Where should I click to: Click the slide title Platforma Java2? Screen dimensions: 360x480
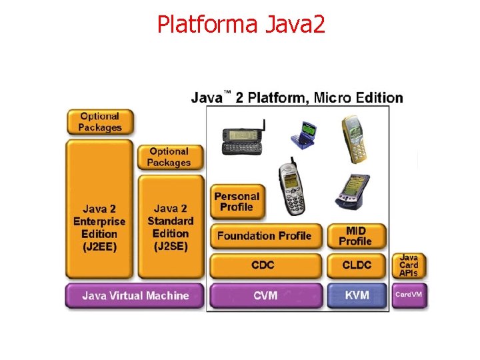coord(241,24)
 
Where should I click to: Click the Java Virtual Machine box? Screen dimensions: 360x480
coord(135,295)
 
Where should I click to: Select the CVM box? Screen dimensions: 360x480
coord(265,295)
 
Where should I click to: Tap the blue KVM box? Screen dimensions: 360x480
coord(357,295)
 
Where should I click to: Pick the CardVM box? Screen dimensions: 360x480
coord(409,295)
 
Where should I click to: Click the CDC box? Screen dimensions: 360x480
coord(265,265)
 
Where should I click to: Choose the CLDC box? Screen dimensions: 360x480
coord(357,265)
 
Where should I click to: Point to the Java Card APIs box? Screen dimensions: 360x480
coord(409,265)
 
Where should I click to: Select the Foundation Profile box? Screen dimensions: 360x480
coord(265,235)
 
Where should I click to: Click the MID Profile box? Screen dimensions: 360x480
coord(356,235)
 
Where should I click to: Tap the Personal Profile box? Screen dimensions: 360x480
coord(236,201)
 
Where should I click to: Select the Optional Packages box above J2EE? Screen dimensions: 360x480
coord(100,122)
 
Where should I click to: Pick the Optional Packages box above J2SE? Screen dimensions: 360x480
coord(169,157)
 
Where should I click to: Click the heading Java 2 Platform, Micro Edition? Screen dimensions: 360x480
coord(297,97)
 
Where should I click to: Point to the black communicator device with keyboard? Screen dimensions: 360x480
coord(243,139)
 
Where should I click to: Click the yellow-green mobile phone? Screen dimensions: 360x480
coord(353,138)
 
